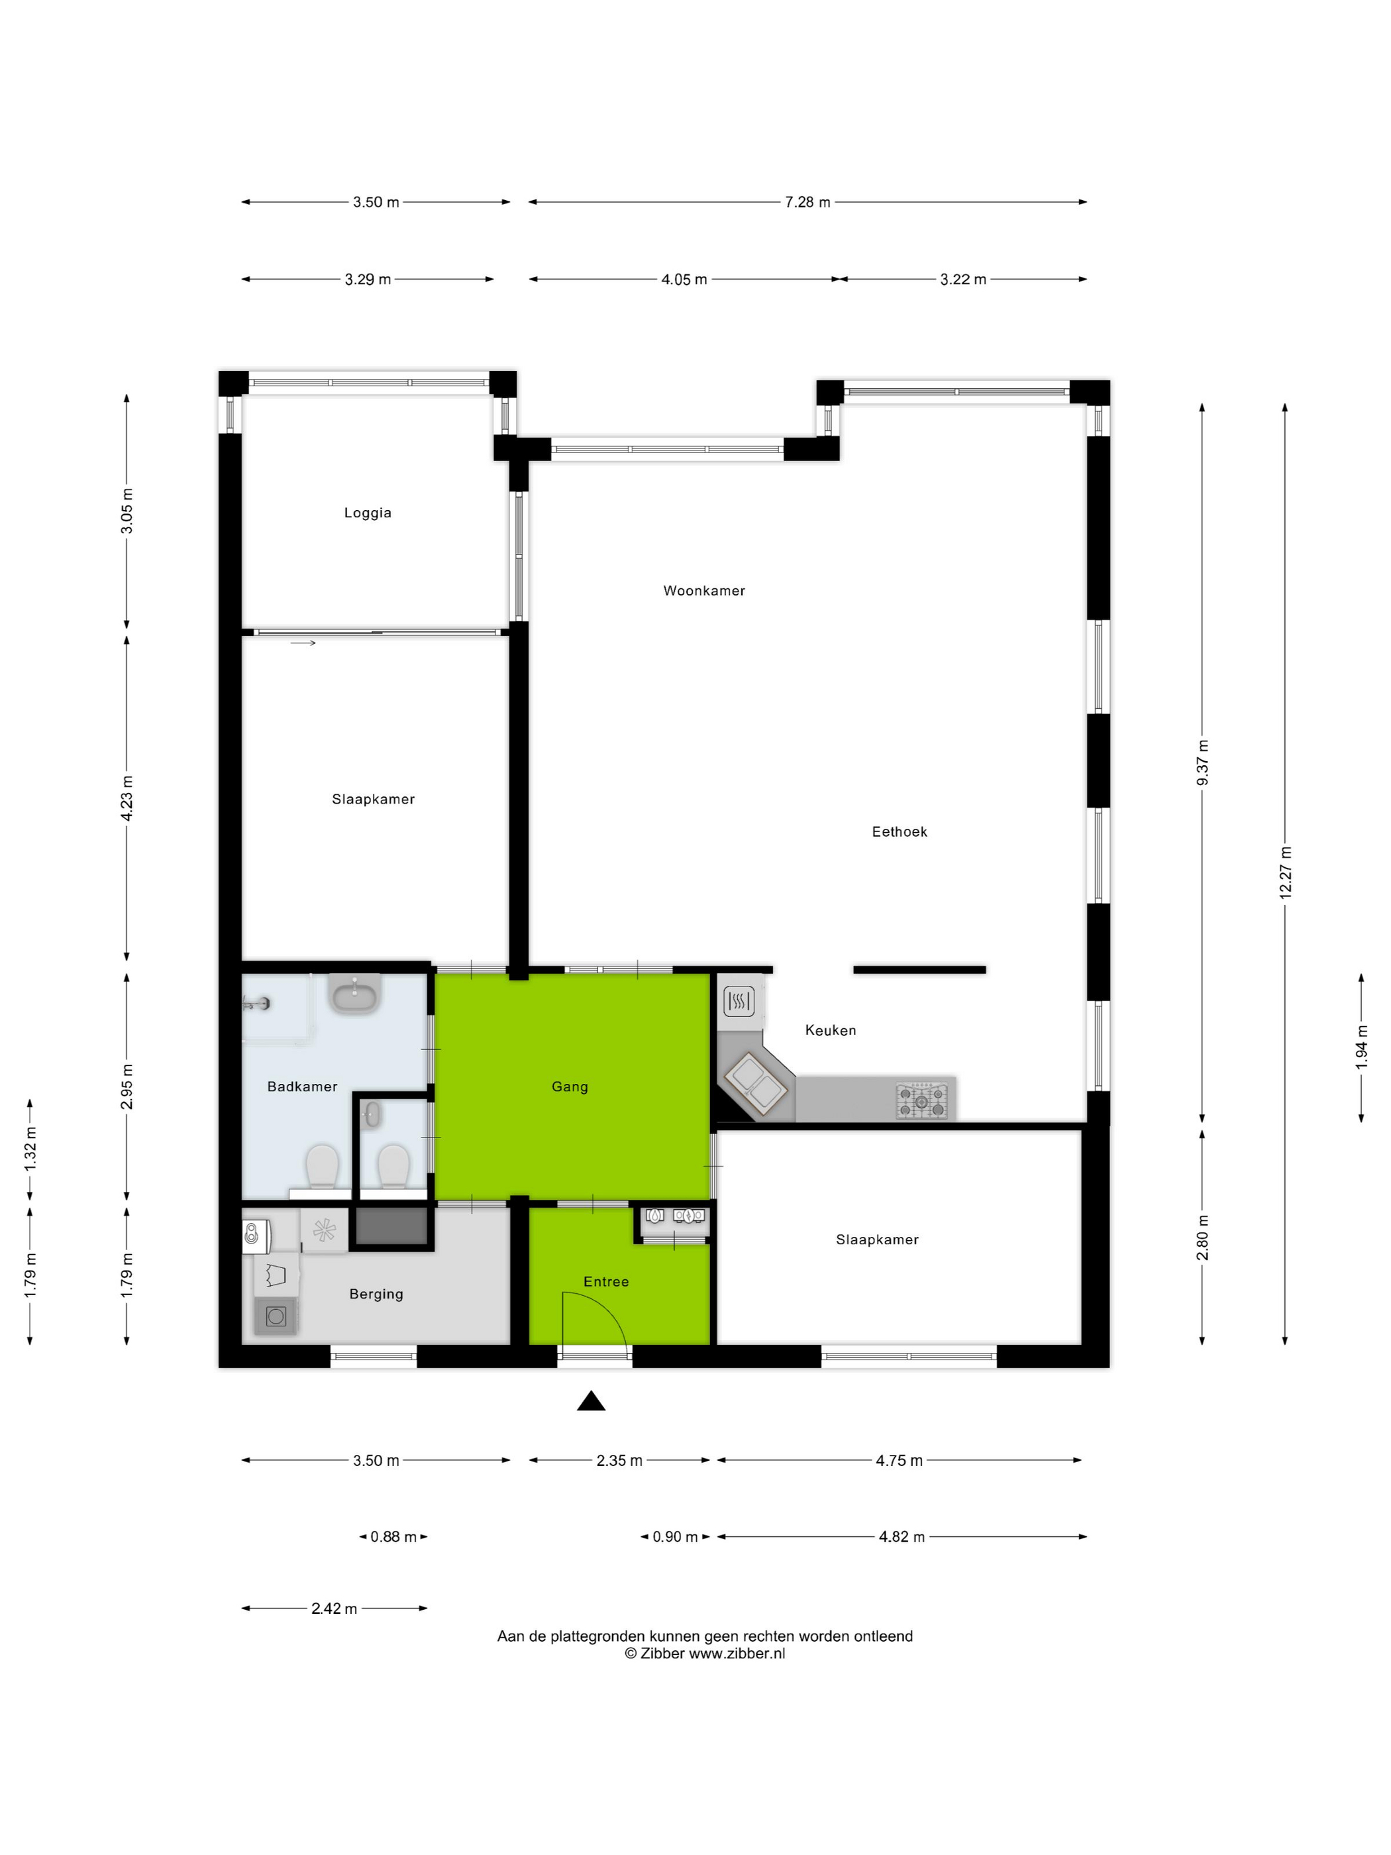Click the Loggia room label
[x=367, y=512]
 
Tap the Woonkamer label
[x=703, y=590]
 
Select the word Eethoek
[x=899, y=831]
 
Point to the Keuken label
[x=830, y=1030]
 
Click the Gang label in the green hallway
[x=569, y=1086]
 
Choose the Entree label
[x=605, y=1281]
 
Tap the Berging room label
[x=376, y=1294]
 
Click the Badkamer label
[x=302, y=1086]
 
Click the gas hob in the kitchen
[x=921, y=1100]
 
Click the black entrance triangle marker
[x=591, y=1401]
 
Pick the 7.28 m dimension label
[x=807, y=202]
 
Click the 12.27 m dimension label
[x=1284, y=873]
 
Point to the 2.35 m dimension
[x=619, y=1460]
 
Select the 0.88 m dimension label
[x=393, y=1536]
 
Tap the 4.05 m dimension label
[x=684, y=280]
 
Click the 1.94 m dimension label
[x=1361, y=1047]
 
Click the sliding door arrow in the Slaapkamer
[x=303, y=643]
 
